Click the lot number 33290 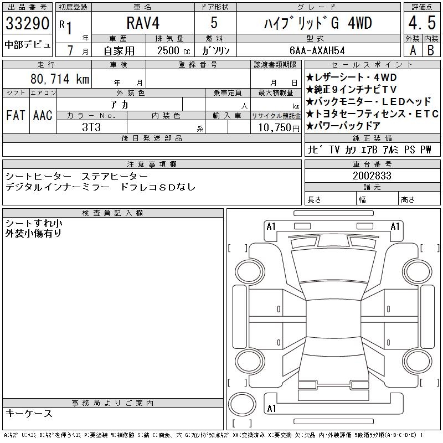(27, 23)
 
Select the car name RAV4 (143, 23)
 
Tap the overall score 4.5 (422, 23)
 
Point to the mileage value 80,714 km (60, 79)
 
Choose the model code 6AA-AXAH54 (317, 50)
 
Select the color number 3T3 (91, 127)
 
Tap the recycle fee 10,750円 (279, 128)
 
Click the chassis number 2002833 (372, 176)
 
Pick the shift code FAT (16, 115)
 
